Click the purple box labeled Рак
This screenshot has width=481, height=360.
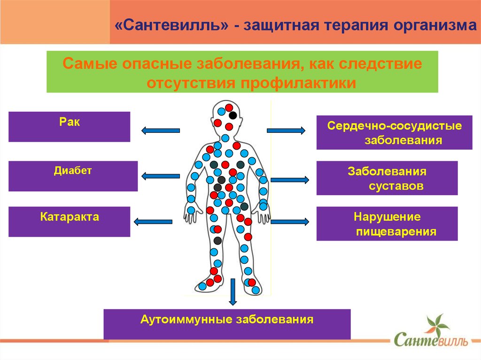point(69,126)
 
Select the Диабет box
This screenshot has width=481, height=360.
point(73,176)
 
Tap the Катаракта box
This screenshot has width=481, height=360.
point(69,222)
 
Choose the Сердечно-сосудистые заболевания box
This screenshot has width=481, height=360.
point(394,133)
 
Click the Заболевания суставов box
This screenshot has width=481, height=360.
point(387,178)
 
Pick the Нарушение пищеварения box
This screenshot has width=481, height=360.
point(387,224)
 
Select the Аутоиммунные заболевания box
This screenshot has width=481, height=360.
point(227,324)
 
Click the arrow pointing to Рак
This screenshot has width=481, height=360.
point(160,130)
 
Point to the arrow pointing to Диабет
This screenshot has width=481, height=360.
point(160,176)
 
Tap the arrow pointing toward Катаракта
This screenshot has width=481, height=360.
point(154,222)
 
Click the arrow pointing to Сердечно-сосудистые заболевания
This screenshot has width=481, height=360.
point(286,130)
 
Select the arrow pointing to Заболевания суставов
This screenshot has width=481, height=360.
point(290,180)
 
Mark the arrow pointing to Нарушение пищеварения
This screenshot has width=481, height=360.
point(290,221)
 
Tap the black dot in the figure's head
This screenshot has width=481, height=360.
point(233,115)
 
